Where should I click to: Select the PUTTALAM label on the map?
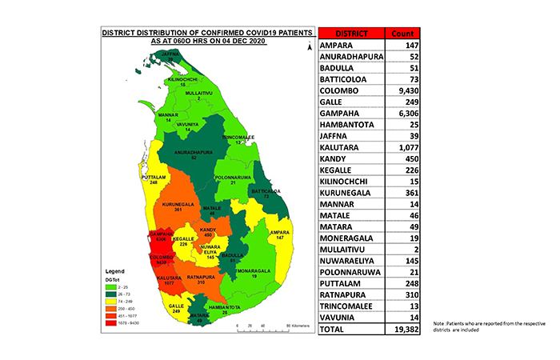tap(153, 178)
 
